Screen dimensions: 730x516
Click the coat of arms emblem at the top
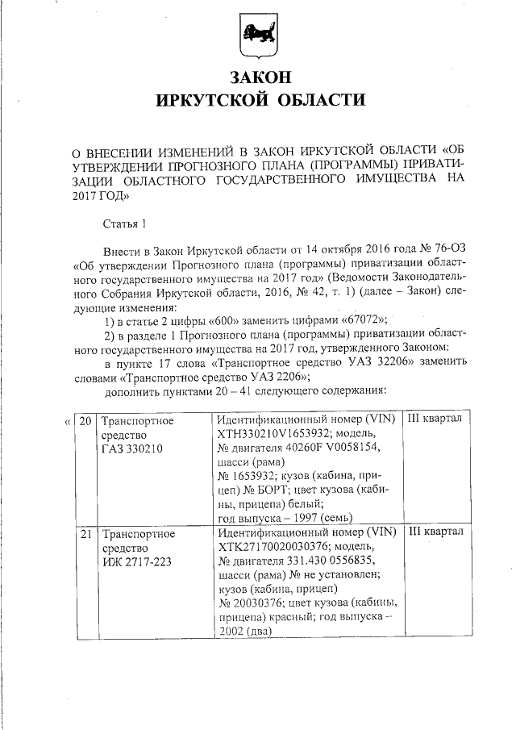click(258, 36)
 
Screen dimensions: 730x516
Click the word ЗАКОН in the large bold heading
click(259, 79)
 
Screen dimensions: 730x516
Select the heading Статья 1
click(126, 223)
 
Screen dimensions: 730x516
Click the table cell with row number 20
click(86, 420)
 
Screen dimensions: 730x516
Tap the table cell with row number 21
click(86, 533)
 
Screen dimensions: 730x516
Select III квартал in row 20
click(435, 420)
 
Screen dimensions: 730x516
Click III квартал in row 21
click(435, 533)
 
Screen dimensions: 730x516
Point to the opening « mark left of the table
click(66, 421)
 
